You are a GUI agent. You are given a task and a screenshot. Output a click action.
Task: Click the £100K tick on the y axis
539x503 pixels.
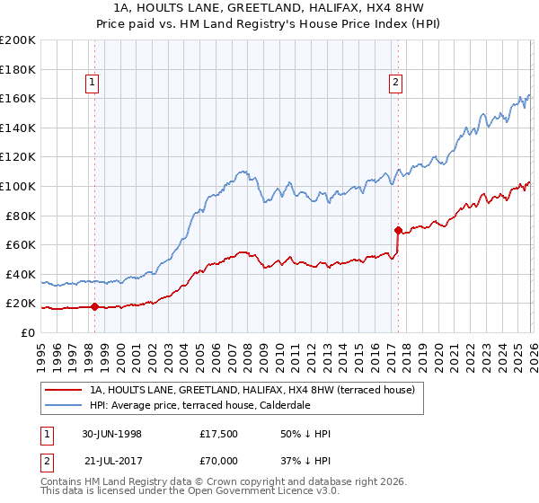point(18,186)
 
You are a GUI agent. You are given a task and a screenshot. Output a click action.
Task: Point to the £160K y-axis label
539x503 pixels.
point(18,98)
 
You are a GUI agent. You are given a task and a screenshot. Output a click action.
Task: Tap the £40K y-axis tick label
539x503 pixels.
point(21,274)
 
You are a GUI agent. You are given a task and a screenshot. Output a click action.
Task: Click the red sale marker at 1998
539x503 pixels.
point(95,306)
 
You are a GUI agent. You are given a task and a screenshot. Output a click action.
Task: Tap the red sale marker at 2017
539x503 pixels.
point(397,230)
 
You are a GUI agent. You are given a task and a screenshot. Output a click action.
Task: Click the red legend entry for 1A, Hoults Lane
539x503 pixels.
point(252,391)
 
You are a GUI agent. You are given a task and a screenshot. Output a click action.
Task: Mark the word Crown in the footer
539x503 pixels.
point(217,483)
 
